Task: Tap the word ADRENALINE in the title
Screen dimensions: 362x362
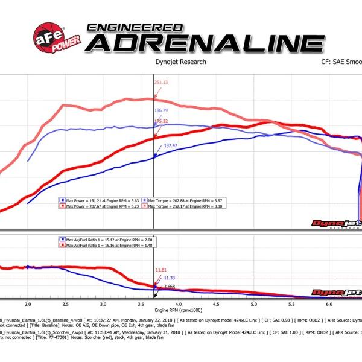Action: [205, 43]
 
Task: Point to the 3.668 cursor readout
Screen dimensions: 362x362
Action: [166, 286]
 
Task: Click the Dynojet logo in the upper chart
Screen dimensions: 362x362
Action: [334, 224]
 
